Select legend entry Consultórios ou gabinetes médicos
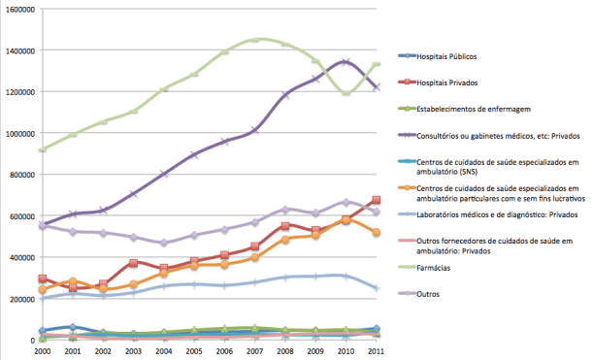[493, 137]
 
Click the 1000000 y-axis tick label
[19, 133]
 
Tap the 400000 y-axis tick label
[21, 257]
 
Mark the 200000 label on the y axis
[21, 299]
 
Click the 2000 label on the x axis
[42, 350]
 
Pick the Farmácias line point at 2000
[42, 149]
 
